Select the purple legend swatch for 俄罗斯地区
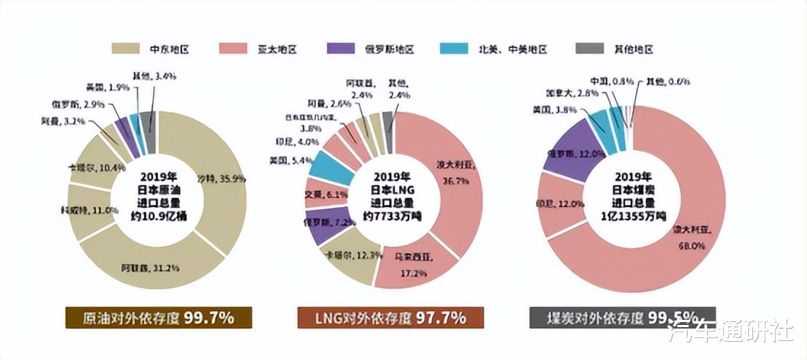point(342,49)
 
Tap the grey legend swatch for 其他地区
point(588,49)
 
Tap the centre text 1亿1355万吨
point(631,216)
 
